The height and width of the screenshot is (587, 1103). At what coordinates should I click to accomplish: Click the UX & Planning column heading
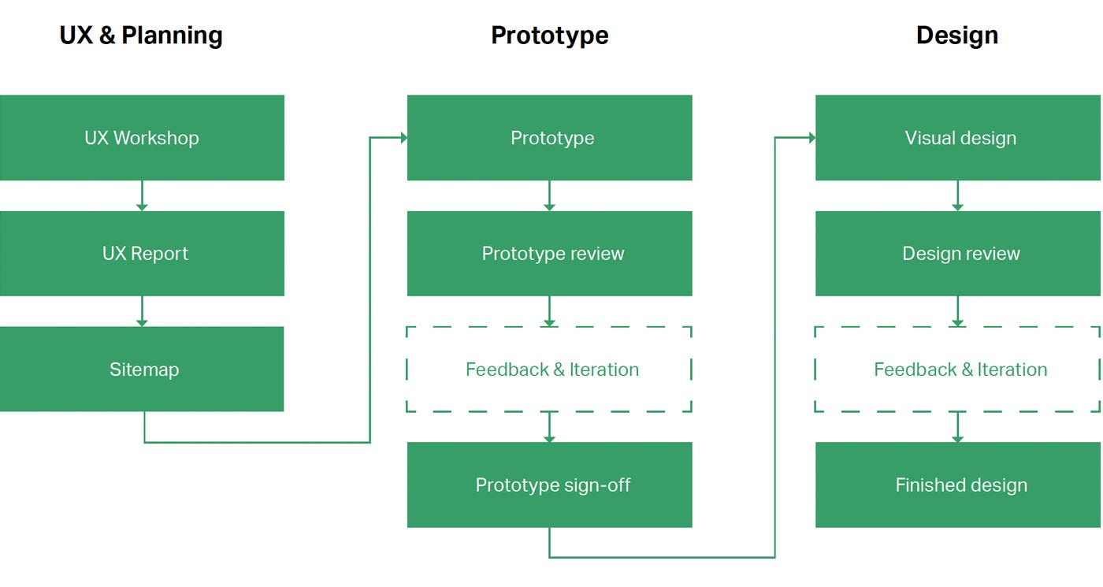click(x=141, y=35)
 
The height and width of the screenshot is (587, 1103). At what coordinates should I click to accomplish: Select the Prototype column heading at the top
click(x=550, y=35)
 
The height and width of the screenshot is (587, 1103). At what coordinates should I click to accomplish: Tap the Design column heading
click(x=957, y=35)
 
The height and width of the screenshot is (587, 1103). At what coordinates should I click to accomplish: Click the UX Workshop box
click(x=142, y=137)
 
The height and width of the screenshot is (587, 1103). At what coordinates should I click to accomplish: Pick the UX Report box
click(x=142, y=254)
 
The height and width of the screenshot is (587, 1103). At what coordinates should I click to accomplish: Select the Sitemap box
click(x=142, y=369)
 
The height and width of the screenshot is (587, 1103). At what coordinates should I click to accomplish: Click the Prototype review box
click(x=550, y=254)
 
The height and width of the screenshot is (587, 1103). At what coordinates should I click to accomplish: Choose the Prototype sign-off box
click(x=550, y=485)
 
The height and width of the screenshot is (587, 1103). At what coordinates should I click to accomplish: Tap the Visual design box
click(x=958, y=137)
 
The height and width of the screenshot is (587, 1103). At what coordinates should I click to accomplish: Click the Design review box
click(x=958, y=254)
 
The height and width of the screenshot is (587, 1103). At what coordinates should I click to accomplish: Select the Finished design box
click(x=958, y=485)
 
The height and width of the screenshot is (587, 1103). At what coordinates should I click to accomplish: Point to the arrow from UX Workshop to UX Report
click(x=142, y=195)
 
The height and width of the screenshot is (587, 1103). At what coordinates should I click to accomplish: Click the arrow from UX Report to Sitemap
click(x=142, y=311)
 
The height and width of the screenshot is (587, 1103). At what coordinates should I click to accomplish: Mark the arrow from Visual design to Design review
click(x=958, y=195)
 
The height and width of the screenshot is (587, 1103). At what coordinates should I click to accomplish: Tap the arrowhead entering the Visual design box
click(x=812, y=138)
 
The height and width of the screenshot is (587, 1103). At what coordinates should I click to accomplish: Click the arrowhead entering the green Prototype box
click(x=403, y=138)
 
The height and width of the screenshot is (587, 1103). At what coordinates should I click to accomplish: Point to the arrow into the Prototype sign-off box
click(x=550, y=427)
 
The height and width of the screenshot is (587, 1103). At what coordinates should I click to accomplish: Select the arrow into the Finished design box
click(x=958, y=427)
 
